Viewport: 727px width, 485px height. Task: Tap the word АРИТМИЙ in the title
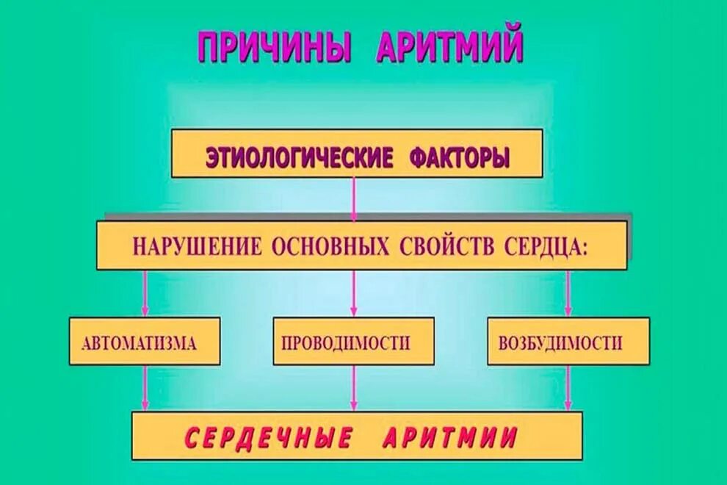point(449,47)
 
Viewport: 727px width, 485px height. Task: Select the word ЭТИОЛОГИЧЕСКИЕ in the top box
point(298,157)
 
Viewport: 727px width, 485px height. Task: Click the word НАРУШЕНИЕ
point(196,246)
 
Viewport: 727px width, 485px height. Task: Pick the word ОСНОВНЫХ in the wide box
point(330,246)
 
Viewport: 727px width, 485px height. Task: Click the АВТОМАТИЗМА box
point(145,342)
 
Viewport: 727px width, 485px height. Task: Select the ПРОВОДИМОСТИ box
point(353,342)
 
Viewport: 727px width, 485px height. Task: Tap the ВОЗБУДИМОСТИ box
point(568,342)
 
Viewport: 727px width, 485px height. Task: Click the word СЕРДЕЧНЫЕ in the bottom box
point(263,438)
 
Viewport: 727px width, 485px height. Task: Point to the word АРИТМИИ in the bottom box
point(450,438)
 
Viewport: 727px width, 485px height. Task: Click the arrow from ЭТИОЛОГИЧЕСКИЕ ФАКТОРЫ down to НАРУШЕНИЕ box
point(355,199)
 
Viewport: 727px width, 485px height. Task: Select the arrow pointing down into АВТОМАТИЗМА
point(145,294)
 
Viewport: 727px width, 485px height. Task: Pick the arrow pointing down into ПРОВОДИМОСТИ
point(354,294)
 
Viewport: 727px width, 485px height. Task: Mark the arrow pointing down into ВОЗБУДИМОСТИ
point(568,294)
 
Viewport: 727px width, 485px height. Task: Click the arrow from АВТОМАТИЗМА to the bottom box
point(145,388)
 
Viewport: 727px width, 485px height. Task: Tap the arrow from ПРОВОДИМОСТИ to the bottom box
point(354,388)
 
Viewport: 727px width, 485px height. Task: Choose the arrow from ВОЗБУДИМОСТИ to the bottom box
point(568,388)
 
